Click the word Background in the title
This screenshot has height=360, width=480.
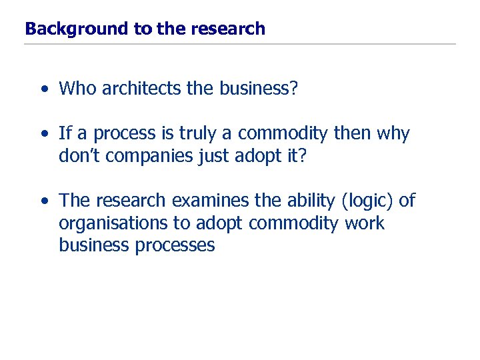66,29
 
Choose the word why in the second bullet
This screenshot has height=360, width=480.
393,134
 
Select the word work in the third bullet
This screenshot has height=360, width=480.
365,223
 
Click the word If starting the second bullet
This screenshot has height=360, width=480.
65,134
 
